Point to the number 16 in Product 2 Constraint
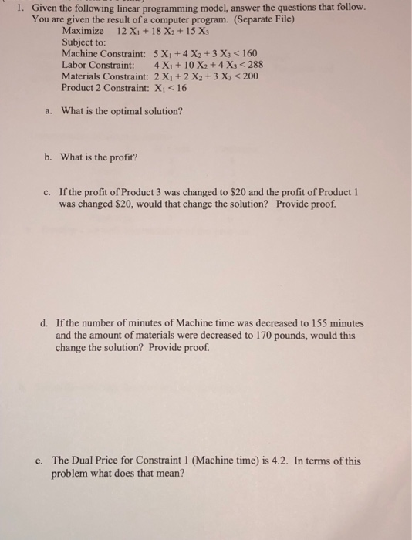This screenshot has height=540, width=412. pyautogui.click(x=181, y=88)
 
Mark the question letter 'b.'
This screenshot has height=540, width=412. pyautogui.click(x=49, y=157)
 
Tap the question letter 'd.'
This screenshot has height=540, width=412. pyautogui.click(x=49, y=323)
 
